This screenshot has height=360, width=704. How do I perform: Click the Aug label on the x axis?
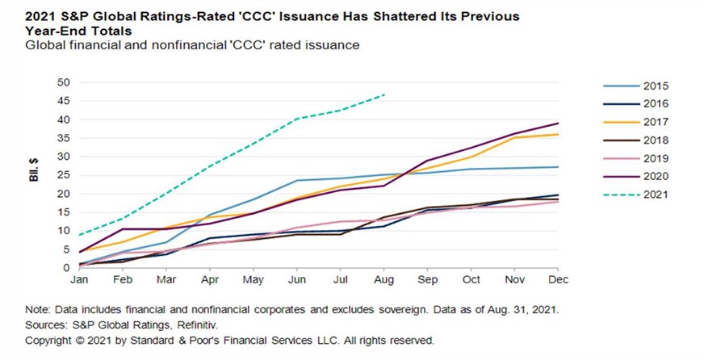pyautogui.click(x=384, y=280)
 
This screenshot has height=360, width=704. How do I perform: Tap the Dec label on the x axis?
pyautogui.click(x=558, y=280)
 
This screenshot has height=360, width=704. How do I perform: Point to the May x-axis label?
pyautogui.click(x=254, y=280)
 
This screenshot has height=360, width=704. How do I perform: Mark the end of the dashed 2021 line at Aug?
pyautogui.click(x=384, y=95)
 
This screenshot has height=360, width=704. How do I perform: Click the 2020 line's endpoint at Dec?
pyautogui.click(x=558, y=123)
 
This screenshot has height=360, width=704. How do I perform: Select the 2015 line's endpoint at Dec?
pyautogui.click(x=558, y=167)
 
